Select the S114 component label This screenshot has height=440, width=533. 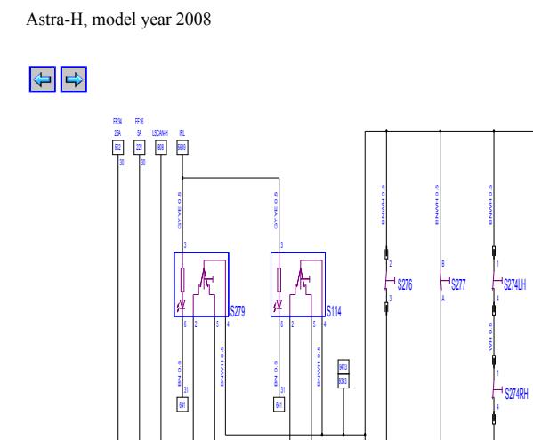click(x=335, y=311)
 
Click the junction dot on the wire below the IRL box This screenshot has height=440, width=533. click(x=182, y=177)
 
